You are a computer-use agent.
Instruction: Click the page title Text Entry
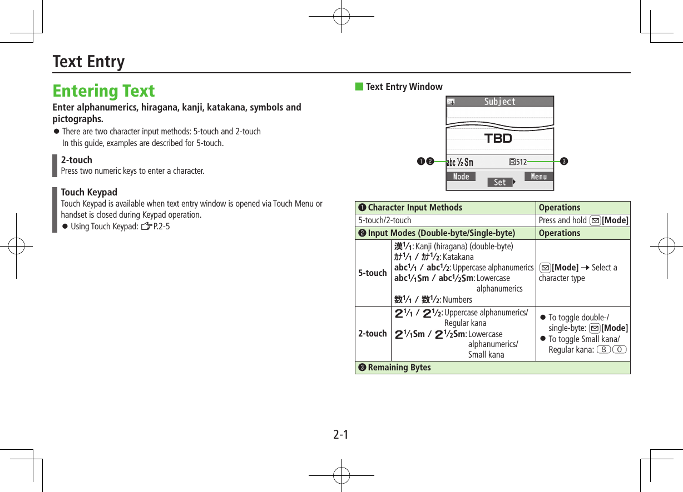[88, 61]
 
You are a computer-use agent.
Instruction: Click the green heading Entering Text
[103, 91]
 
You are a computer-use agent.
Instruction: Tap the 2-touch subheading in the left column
[77, 160]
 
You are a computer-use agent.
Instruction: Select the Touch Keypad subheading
[89, 192]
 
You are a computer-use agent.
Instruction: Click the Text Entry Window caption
[404, 87]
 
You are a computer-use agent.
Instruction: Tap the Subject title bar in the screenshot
[499, 102]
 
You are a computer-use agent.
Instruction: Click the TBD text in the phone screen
[498, 138]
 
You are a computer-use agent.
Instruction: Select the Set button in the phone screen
[500, 182]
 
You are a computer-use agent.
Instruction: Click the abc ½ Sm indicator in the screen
[460, 162]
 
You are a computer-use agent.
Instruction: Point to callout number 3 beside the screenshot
[564, 162]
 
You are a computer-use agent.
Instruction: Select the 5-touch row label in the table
[372, 273]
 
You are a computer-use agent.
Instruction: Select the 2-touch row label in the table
[372, 333]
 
